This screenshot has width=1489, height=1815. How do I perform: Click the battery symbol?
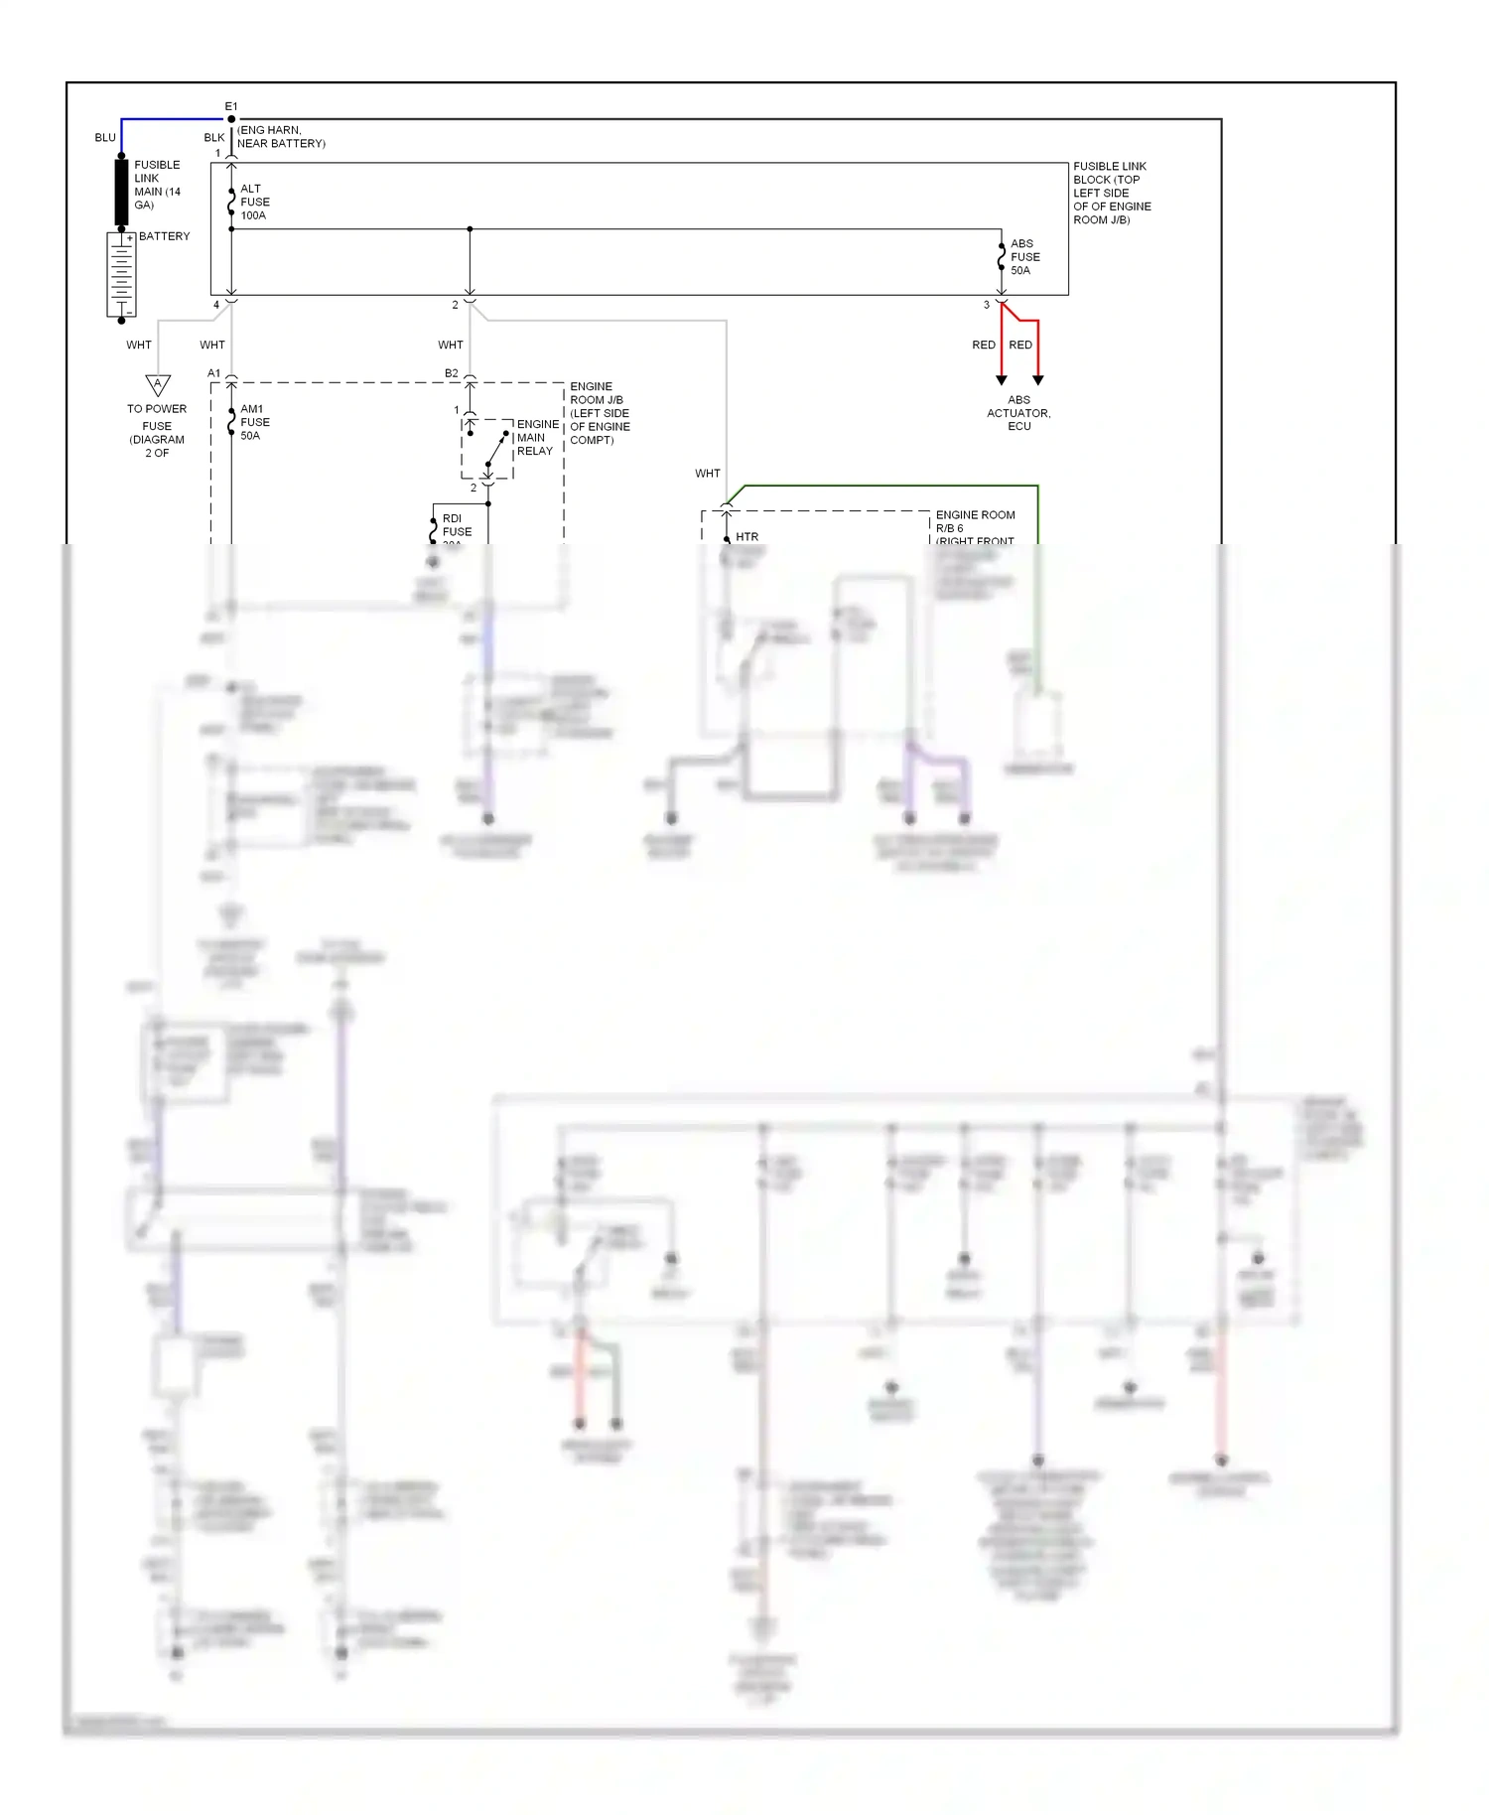point(121,275)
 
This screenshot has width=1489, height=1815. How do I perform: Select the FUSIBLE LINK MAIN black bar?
point(121,192)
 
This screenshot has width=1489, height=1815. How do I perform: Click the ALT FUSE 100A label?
point(254,202)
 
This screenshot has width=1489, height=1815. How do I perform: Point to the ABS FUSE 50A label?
point(1024,257)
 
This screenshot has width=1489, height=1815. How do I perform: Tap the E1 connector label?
point(231,106)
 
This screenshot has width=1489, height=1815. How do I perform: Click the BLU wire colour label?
point(105,137)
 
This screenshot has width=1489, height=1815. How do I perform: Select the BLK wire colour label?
point(213,137)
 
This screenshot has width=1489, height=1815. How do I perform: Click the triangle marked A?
point(158,384)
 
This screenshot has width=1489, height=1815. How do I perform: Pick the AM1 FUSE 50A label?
point(254,422)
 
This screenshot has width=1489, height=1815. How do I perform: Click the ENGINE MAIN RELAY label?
point(537,437)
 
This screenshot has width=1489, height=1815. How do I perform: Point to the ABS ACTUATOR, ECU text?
point(1018,413)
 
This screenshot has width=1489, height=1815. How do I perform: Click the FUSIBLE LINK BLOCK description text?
point(1111,193)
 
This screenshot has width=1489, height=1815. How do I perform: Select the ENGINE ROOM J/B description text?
point(599,413)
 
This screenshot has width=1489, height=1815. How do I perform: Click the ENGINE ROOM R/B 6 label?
point(975,522)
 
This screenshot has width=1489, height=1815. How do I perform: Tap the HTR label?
point(746,537)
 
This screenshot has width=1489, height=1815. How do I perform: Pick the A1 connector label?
point(213,373)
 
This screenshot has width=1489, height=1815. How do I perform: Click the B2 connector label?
point(452,373)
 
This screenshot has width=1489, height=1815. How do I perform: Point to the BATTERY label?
point(164,236)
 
